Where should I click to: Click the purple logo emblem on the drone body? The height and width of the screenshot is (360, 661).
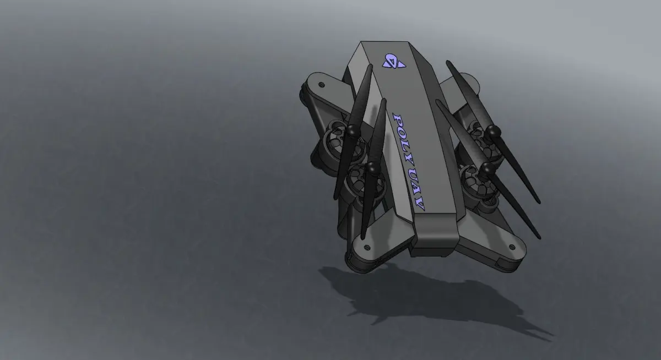(394, 61)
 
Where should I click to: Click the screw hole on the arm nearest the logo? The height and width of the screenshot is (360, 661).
(322, 85)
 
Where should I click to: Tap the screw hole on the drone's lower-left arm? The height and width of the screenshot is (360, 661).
(367, 247)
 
